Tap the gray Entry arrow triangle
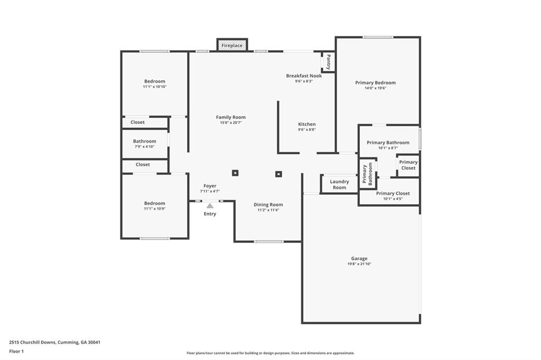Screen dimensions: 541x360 click(210, 206)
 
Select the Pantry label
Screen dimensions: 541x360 click(329, 62)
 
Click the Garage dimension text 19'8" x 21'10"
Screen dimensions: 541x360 click(359, 264)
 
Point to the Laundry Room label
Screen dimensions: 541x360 click(339, 184)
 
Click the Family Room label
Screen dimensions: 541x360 click(231, 117)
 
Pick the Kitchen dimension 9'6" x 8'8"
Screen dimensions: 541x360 click(307, 130)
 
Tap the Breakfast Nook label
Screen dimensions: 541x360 click(304, 76)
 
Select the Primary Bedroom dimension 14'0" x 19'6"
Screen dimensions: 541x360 click(376, 88)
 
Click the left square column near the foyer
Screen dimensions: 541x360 click(235, 173)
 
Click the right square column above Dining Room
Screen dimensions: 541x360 click(278, 174)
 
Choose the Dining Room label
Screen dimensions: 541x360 click(268, 204)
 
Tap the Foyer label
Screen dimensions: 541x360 click(210, 186)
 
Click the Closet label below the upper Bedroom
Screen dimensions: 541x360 click(137, 122)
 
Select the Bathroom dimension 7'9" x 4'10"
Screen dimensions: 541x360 click(145, 147)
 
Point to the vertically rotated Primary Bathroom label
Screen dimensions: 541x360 click(367, 174)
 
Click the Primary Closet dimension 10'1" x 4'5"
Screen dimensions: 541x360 click(393, 199)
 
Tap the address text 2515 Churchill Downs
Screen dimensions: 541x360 click(32, 343)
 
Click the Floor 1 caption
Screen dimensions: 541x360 click(16, 352)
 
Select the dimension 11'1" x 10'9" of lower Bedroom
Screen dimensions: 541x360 click(155, 209)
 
